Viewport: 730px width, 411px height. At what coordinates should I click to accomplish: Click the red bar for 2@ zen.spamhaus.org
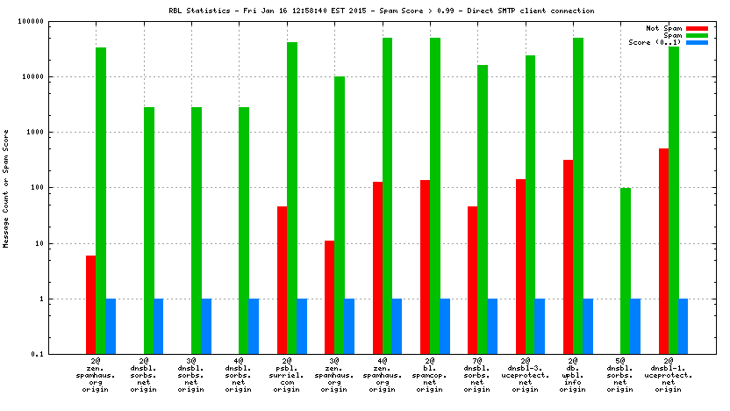pos(91,304)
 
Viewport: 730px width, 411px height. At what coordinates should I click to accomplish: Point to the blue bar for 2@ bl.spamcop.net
pos(445,326)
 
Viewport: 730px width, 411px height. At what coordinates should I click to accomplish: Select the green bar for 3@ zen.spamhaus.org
pos(340,215)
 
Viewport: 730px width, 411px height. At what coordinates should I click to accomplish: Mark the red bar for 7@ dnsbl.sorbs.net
pos(473,280)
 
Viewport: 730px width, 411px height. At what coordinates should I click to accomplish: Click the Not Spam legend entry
pos(664,28)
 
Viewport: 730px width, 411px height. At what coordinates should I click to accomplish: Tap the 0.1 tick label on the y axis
pos(61,354)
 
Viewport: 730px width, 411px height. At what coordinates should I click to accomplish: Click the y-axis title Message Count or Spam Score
pos(6,188)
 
